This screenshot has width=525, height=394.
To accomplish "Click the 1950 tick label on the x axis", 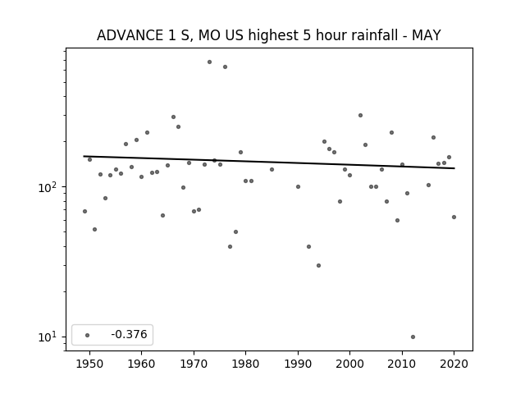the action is click(89, 364).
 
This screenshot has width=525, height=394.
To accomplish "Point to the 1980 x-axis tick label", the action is click(245, 364).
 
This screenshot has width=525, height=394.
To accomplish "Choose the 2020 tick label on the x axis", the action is click(454, 364).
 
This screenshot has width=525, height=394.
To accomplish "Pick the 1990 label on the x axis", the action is click(298, 364).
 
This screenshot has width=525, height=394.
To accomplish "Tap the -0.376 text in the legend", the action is click(129, 334).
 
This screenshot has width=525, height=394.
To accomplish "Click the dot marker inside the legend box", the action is click(88, 335).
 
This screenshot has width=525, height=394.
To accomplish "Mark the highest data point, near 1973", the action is click(210, 62).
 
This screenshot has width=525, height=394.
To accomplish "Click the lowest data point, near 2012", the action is click(413, 337).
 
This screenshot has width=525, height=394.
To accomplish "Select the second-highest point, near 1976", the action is click(225, 67).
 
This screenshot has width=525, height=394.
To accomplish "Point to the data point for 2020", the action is click(454, 217).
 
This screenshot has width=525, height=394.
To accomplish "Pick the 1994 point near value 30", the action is click(319, 266).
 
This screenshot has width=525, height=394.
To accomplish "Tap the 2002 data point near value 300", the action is click(360, 115).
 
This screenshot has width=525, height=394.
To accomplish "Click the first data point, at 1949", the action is click(84, 212).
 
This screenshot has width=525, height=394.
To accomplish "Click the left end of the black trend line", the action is click(84, 156).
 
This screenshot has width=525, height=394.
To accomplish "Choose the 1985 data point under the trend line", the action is click(272, 170).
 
